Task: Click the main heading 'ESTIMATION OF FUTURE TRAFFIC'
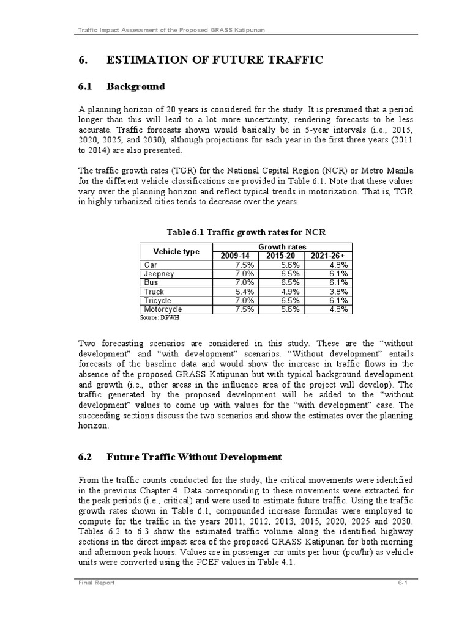point(215,59)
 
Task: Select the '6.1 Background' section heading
point(122,86)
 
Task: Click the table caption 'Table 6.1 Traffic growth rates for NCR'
point(247,232)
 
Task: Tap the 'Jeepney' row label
point(159,274)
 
